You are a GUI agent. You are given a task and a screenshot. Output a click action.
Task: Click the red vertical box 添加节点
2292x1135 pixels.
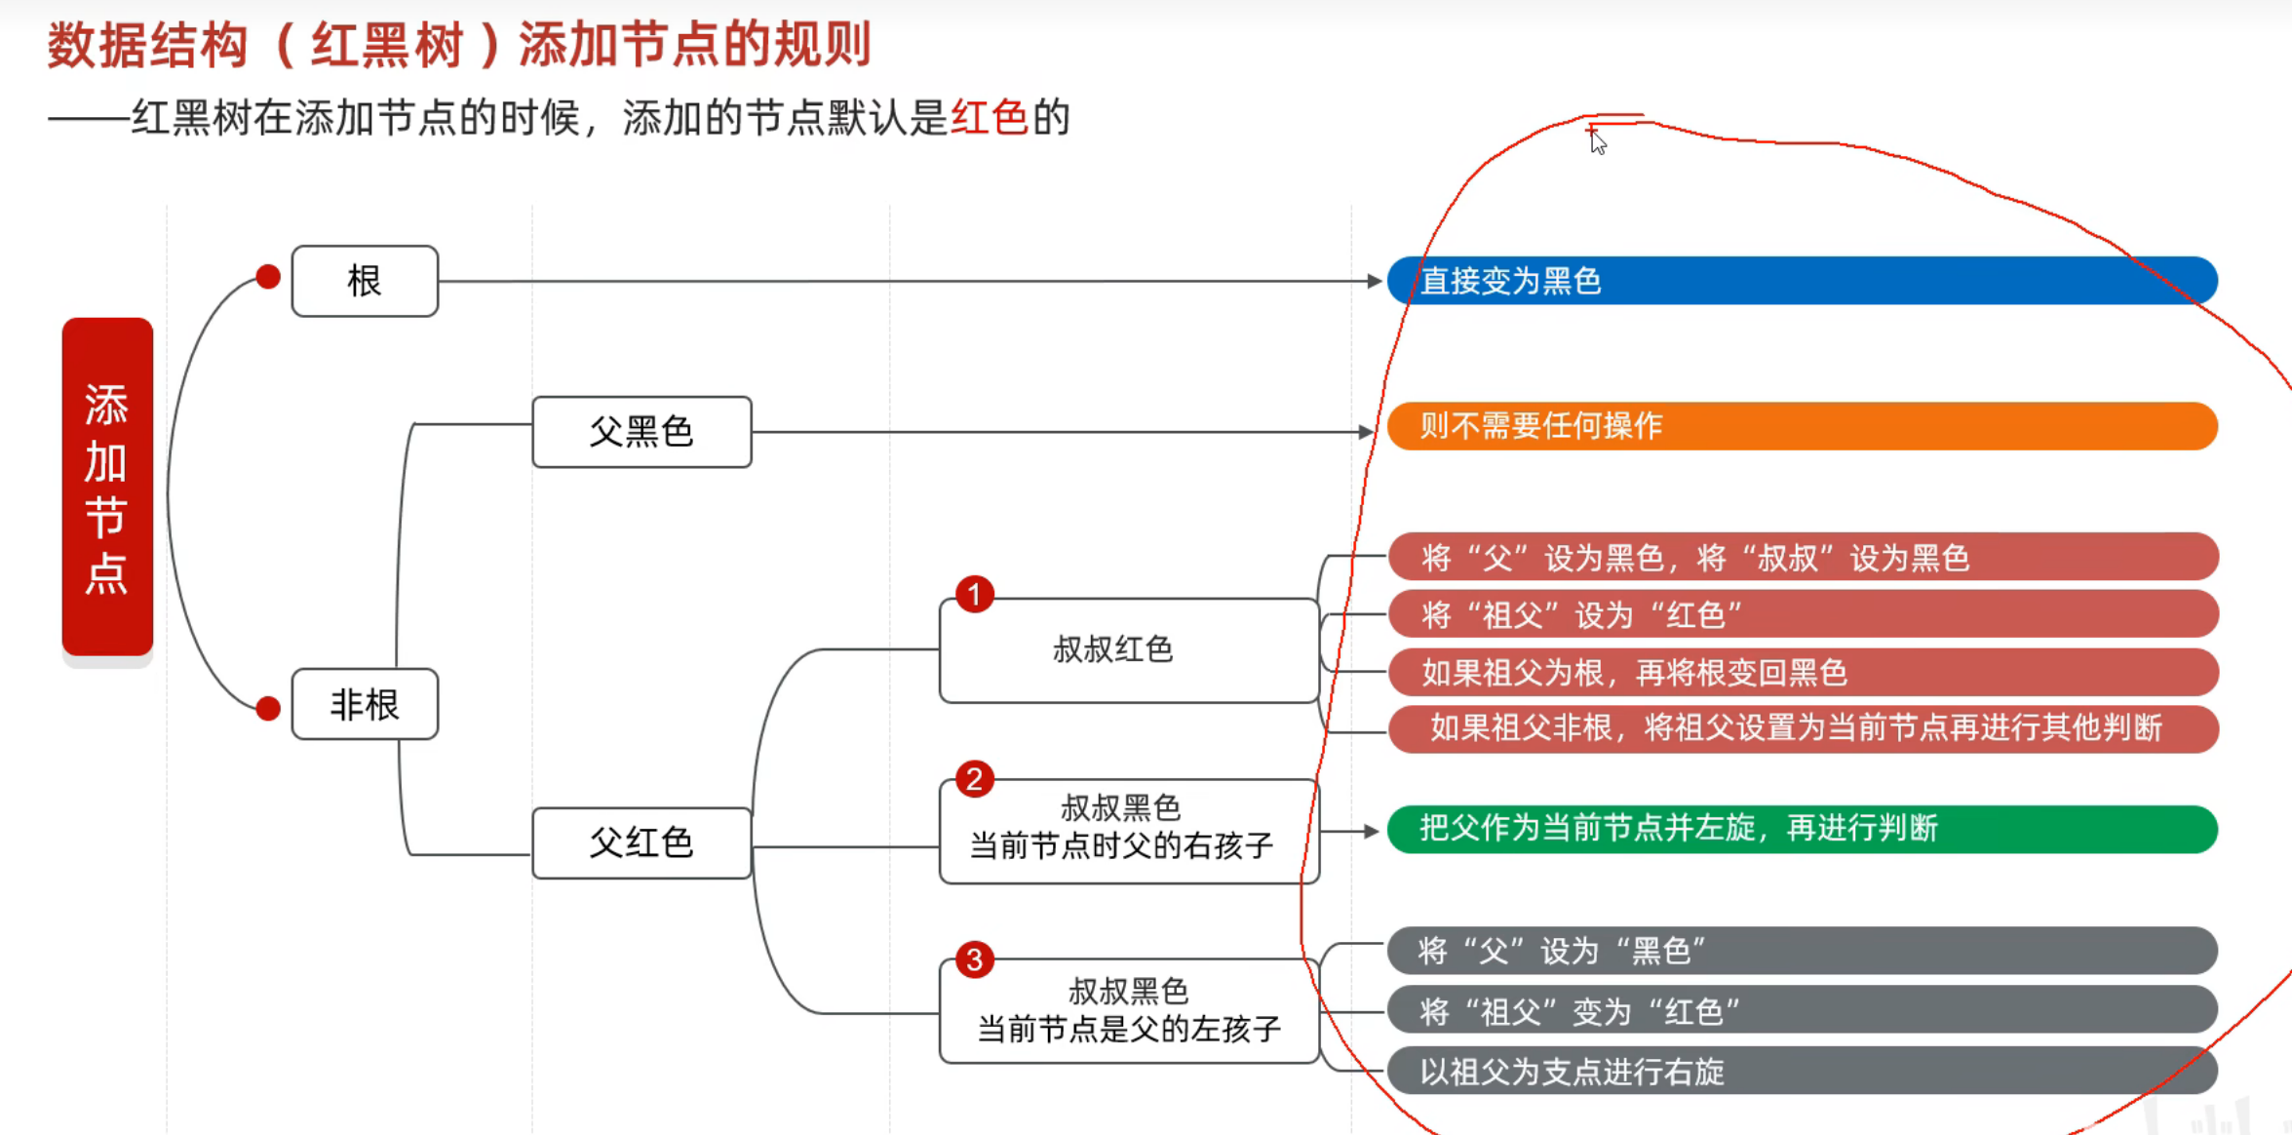coord(107,488)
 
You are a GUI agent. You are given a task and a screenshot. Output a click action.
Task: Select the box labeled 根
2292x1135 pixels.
coord(365,281)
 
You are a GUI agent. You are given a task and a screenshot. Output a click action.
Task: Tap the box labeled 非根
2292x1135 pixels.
coord(365,704)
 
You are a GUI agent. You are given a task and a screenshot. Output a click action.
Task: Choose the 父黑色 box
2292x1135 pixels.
coord(641,431)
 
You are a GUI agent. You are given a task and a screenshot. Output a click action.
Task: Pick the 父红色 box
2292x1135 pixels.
coord(641,842)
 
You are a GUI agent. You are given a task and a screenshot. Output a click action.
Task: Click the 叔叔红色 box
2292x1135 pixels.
coord(1128,649)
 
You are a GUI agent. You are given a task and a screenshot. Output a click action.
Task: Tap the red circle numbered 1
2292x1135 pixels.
coord(974,594)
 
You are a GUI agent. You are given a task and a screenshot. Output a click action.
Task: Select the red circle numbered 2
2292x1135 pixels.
coord(974,779)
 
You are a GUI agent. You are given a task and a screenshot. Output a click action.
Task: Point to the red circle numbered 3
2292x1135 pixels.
coord(974,959)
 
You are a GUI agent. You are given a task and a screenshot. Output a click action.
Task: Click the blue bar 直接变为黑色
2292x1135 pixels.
coord(1802,281)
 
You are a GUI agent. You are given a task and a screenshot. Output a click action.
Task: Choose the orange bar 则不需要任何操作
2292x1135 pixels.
coord(1802,426)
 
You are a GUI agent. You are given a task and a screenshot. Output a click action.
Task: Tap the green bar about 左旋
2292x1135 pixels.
coord(1802,829)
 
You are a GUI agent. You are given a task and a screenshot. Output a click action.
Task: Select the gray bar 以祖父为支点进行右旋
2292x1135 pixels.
coord(1802,1072)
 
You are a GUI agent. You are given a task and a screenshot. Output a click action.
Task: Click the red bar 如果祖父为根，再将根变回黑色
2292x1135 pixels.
coord(1802,672)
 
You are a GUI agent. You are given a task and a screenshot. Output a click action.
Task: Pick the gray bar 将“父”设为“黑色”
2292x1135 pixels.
coord(1802,951)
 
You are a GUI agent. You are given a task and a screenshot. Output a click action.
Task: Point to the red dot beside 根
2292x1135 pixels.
coord(268,277)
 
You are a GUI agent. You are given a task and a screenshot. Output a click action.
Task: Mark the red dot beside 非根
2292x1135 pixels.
coord(268,708)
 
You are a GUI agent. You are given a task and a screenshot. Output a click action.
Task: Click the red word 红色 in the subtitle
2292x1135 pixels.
coord(989,118)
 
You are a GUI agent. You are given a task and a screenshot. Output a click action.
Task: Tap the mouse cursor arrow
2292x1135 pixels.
coord(1597,142)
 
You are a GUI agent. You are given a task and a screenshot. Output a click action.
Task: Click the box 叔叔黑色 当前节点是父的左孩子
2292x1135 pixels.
coord(1128,1010)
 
